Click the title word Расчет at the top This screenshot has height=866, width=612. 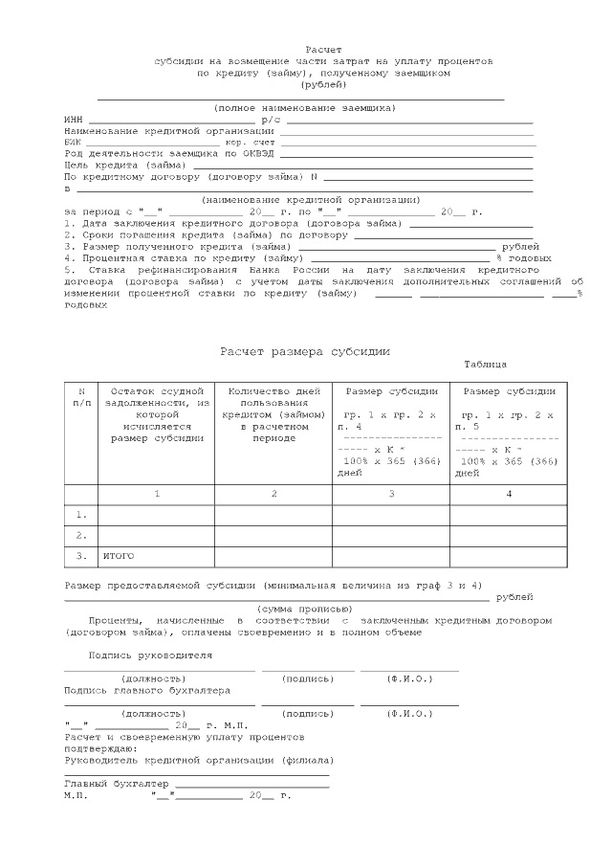pos(323,48)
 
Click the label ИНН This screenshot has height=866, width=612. pos(73,120)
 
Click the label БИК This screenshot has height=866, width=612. pos(73,142)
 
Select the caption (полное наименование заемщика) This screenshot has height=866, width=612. pos(305,107)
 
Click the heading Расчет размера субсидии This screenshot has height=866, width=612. pos(305,352)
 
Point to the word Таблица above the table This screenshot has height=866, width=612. pos(485,365)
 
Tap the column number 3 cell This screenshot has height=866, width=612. pos(391,494)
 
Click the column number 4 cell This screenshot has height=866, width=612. pos(509,494)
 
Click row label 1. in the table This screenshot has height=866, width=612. pos(81,515)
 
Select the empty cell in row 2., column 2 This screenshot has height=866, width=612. pos(273,535)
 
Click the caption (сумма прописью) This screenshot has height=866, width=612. pos(305,609)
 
